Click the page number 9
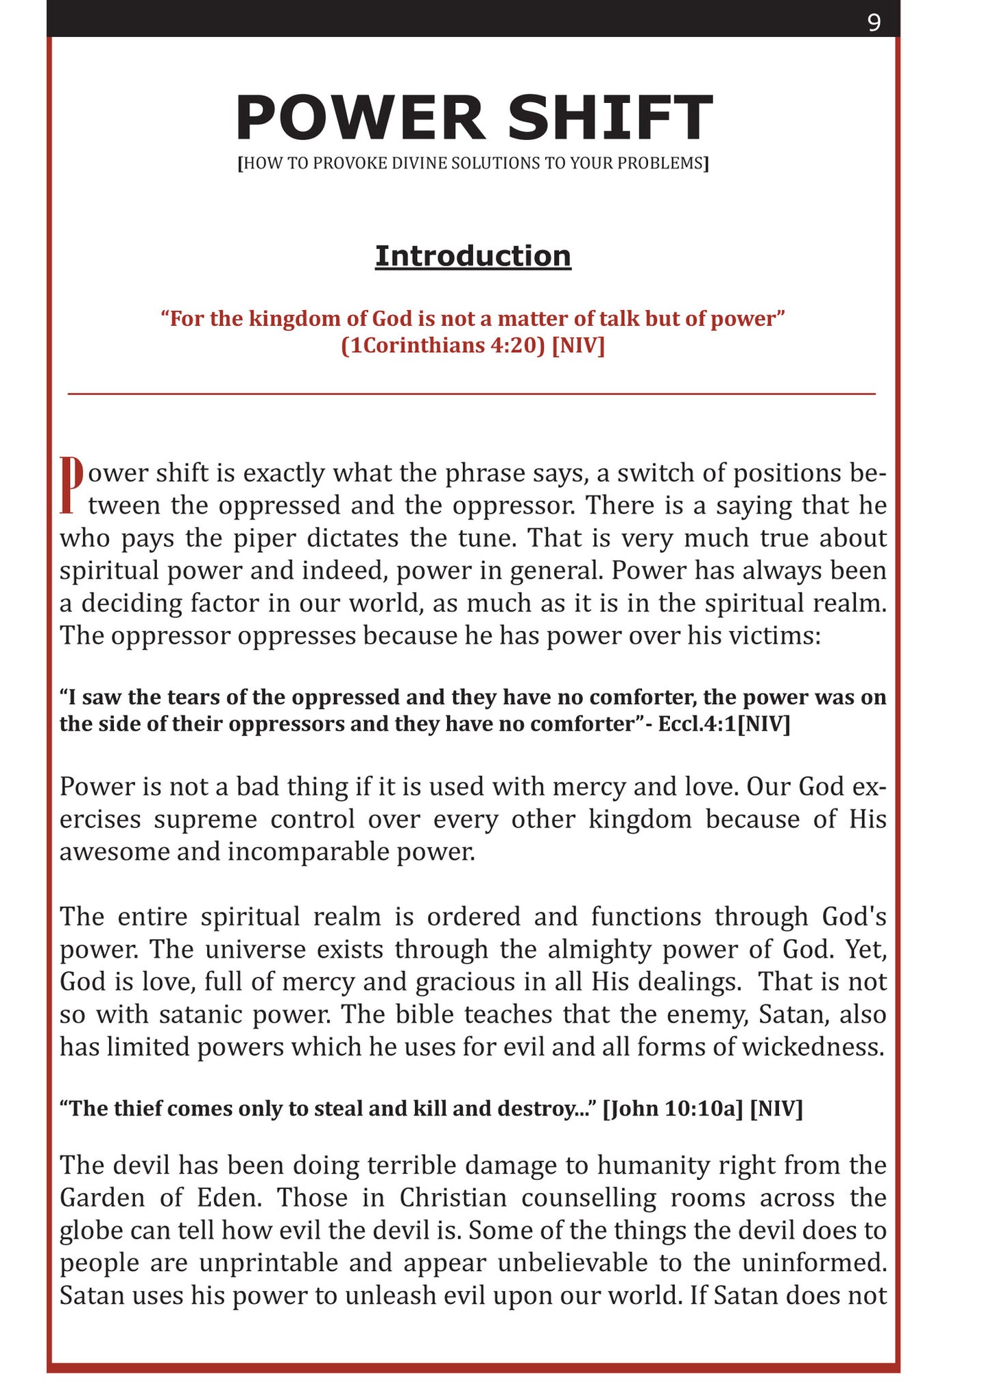pyautogui.click(x=874, y=23)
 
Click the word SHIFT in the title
pyautogui.click(x=610, y=118)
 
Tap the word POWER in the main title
pyautogui.click(x=359, y=118)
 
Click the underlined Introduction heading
pyautogui.click(x=473, y=257)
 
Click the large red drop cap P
pyautogui.click(x=71, y=485)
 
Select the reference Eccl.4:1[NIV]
pyautogui.click(x=724, y=724)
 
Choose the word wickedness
pyautogui.click(x=813, y=1048)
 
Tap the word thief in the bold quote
pyautogui.click(x=137, y=1109)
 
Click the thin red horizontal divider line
pyautogui.click(x=472, y=394)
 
